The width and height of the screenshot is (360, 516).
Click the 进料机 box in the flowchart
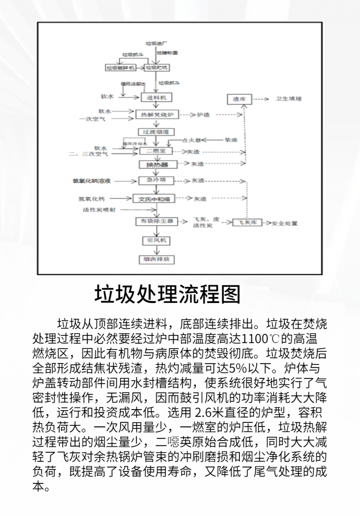pyautogui.click(x=156, y=98)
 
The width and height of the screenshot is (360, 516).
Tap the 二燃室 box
pyautogui.click(x=156, y=151)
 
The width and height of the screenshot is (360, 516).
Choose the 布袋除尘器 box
pyautogui.click(x=157, y=221)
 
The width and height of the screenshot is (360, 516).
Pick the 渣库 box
pyautogui.click(x=239, y=99)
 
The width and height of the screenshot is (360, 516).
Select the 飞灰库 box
pyautogui.click(x=247, y=223)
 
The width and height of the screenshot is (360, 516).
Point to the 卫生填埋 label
pyautogui.click(x=288, y=99)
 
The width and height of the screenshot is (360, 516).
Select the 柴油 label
pyautogui.click(x=230, y=140)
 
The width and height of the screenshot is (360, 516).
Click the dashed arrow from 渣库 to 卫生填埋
pyautogui.click(x=261, y=99)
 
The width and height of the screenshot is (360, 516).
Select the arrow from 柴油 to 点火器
pyautogui.click(x=212, y=140)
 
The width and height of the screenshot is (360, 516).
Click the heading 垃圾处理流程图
pyautogui.click(x=167, y=294)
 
